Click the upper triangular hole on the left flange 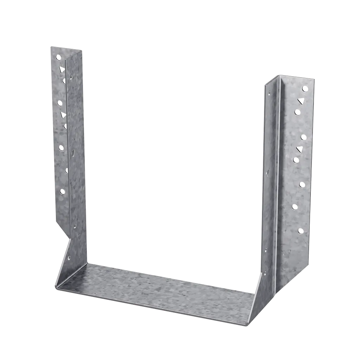62,69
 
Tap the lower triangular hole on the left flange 63,115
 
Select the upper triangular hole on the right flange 301,101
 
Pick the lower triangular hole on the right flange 300,149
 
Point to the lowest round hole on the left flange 62,192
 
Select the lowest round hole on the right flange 301,231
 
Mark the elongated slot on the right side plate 268,173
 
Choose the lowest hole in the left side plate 69,258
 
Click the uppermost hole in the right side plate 269,94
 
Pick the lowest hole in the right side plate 265,273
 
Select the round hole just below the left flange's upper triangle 64,81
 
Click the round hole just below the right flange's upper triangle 297,112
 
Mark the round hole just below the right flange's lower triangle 296,160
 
